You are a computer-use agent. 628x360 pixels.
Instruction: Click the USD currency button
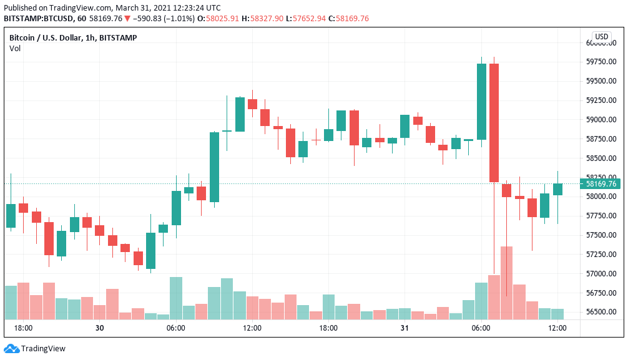coord(601,37)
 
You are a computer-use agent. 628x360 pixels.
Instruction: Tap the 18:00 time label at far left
coord(23,328)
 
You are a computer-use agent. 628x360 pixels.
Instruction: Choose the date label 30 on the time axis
coord(99,328)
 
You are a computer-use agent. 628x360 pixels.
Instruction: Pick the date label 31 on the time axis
coord(405,328)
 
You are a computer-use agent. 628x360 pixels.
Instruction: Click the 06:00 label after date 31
coord(481,328)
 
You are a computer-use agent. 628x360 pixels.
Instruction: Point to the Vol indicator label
coord(14,48)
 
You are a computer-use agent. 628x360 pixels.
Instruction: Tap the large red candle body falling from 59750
coord(494,122)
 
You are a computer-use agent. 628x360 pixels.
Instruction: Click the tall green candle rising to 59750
coord(481,102)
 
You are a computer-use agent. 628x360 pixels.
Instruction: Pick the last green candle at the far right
coord(557,189)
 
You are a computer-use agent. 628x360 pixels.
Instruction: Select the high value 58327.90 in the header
coord(272,19)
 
